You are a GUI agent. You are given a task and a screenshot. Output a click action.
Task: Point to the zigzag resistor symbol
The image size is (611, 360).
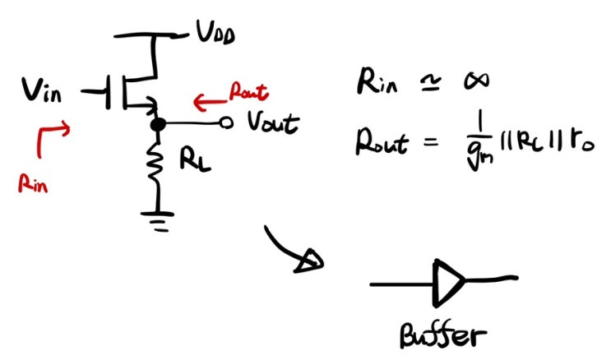click(157, 165)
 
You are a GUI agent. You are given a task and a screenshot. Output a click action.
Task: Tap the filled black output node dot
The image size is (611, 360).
click(156, 124)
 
